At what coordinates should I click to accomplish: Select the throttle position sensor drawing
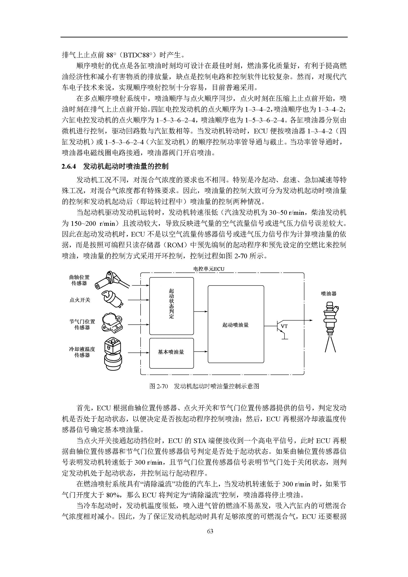click(112, 323)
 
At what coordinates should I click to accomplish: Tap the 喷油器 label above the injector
click(329, 294)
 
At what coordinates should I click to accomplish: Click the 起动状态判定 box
click(171, 306)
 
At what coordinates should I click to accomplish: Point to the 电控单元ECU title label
click(209, 269)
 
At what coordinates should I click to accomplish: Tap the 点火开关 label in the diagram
click(80, 300)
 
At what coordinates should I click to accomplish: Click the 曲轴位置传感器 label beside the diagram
click(79, 280)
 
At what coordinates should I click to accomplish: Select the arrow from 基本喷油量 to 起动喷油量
click(201, 352)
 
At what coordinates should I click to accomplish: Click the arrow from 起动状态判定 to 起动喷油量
click(201, 312)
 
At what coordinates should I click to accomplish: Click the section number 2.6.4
click(69, 166)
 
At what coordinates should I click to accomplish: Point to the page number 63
click(210, 531)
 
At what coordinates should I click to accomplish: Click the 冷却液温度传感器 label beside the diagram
click(82, 352)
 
